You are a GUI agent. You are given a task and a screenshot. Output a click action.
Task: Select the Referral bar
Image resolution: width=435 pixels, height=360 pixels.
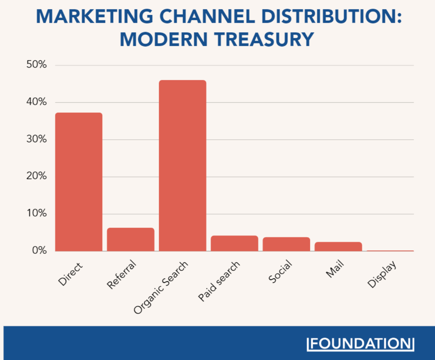coord(130,239)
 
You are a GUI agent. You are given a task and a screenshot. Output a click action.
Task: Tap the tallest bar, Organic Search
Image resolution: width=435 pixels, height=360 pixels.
coord(182,165)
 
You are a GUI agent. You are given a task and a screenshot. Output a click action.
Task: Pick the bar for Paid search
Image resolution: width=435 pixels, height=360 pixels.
coord(234,243)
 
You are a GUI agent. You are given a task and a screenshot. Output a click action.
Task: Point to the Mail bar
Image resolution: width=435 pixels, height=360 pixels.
coord(338,246)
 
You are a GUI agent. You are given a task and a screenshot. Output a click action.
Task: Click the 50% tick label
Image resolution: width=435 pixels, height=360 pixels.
coord(36,65)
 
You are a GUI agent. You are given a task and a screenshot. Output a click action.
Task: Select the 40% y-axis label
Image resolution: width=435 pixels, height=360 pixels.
coord(36,102)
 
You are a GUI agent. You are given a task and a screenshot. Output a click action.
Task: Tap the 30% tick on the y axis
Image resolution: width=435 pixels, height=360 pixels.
coord(36,139)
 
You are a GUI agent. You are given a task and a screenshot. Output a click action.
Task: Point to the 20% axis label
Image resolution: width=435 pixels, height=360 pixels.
coord(36,176)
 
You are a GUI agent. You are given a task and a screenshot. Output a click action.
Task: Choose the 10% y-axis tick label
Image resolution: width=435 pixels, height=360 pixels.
coord(36,213)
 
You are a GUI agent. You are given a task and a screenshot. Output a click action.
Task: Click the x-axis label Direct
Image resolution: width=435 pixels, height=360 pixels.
coord(70,274)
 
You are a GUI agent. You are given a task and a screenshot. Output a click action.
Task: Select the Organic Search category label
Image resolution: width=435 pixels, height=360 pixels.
coord(160,287)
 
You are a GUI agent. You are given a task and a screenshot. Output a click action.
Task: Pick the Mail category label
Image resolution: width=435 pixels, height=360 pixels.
coord(335,269)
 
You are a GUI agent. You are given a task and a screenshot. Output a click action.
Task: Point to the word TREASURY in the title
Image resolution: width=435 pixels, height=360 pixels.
coord(264,39)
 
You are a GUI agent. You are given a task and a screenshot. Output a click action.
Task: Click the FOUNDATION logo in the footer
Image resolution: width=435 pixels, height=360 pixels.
coord(360,344)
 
